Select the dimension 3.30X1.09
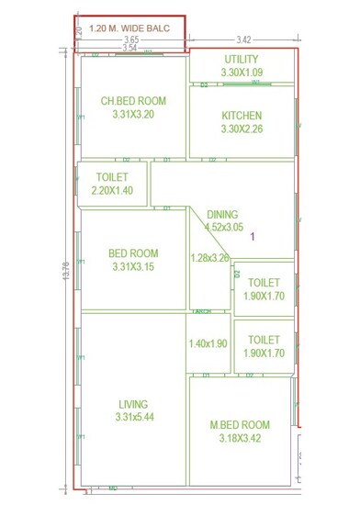tap(242, 72)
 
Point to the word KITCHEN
tap(242, 116)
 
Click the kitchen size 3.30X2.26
tap(242, 129)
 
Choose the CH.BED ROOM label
tap(132, 101)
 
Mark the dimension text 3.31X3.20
tap(133, 115)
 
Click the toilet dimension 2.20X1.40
tap(112, 190)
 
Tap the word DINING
tap(223, 213)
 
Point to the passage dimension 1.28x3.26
tap(209, 258)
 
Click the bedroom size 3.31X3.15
tap(133, 267)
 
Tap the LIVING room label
tap(133, 404)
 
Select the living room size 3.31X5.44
tap(133, 418)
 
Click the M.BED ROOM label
tap(241, 424)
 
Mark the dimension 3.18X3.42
tap(241, 438)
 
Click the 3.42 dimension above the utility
tap(243, 39)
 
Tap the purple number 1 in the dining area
tap(253, 236)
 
